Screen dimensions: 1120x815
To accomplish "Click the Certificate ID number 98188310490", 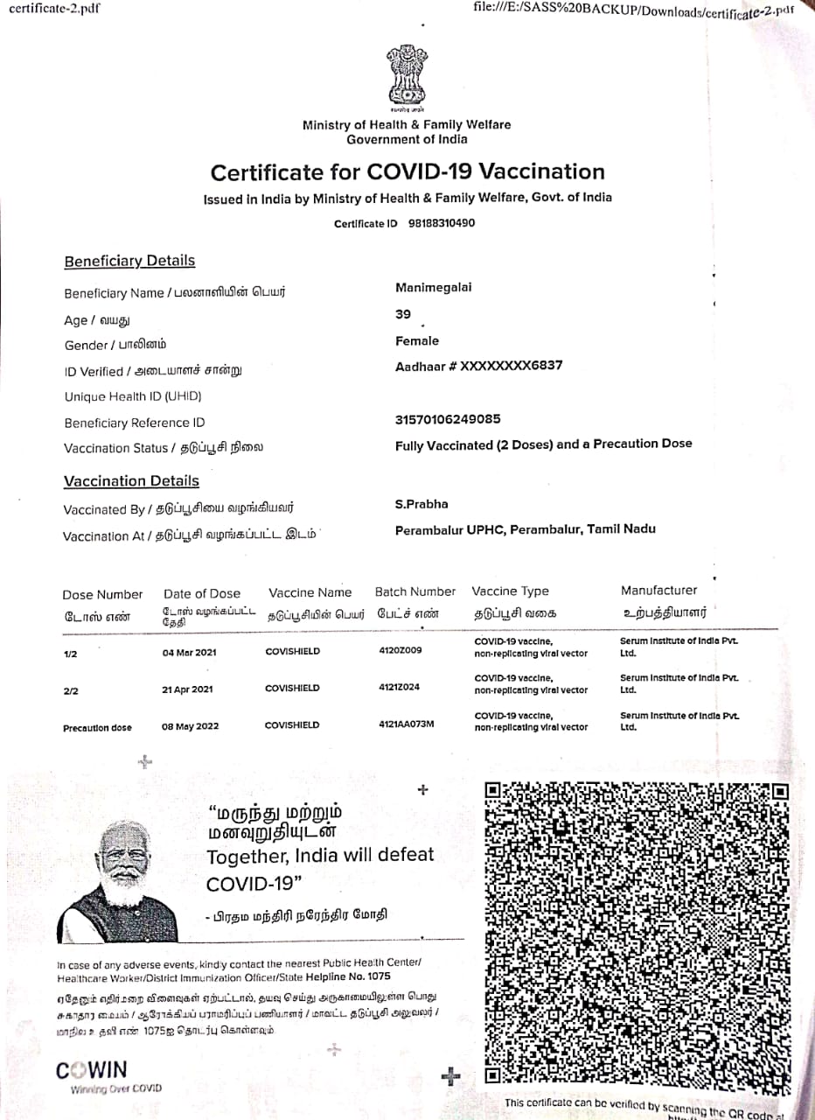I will pos(442,223).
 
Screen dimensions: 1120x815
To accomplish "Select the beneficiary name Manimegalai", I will pos(434,288).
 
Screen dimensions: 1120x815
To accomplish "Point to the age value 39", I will pos(403,314).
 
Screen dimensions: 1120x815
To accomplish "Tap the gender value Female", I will pos(417,341).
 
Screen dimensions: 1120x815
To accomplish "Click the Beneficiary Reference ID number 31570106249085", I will pos(448,420).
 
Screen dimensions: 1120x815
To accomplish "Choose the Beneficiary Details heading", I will pos(129,261).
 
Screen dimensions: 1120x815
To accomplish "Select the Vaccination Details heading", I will pos(131,480).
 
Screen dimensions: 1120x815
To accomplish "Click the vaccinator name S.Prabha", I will pos(421,504).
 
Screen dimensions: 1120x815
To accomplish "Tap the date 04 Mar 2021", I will pos(190,653).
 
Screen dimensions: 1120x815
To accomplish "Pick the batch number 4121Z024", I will pos(399,687).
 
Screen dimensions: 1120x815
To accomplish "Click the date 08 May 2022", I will pos(191,726).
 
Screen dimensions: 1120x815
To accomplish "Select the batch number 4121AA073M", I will pos(406,724).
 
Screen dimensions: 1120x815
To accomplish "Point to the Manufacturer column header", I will pos(659,591).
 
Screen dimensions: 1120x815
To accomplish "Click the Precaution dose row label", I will pos(97,728).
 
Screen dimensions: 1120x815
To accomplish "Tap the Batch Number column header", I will pos(415,591).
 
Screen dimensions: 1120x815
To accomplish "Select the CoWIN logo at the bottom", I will pos(92,1070).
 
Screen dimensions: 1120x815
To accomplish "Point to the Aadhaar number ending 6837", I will pos(479,366).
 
